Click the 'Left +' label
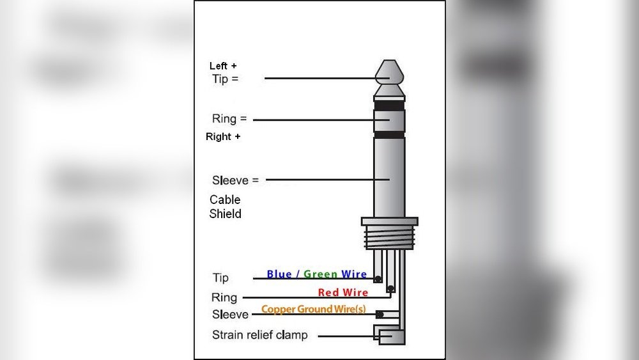[x=223, y=66]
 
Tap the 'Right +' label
[x=223, y=137]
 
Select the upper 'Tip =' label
[x=225, y=79]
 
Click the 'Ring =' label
[x=229, y=119]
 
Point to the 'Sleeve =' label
[x=235, y=180]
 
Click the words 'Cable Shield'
[x=226, y=207]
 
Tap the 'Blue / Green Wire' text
[x=316, y=274]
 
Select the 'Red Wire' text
[x=343, y=292]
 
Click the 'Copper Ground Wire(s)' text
[x=314, y=309]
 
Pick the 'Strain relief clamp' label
[x=259, y=335]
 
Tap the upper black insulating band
[x=389, y=106]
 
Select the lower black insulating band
[x=389, y=135]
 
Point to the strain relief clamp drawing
[x=390, y=335]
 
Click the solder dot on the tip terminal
[x=378, y=279]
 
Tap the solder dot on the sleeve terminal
[x=380, y=314]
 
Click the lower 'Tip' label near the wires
[x=220, y=278]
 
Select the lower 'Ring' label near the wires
[x=224, y=297]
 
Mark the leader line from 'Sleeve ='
[x=319, y=180]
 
